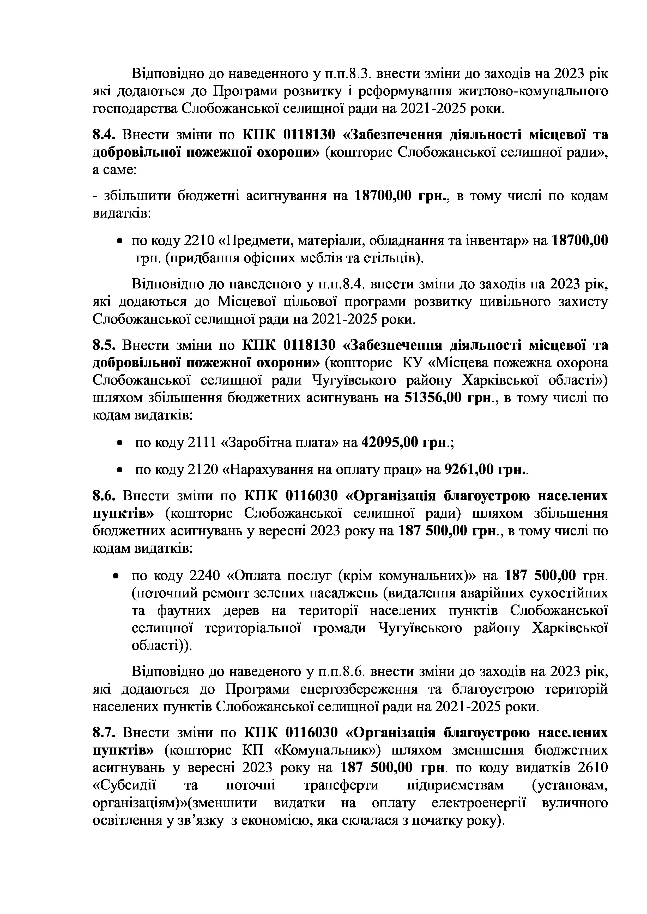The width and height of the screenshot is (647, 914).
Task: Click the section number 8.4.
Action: pos(104,136)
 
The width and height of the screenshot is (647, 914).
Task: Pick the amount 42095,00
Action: pos(389,443)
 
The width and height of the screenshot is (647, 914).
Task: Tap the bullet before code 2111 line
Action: pos(119,443)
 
